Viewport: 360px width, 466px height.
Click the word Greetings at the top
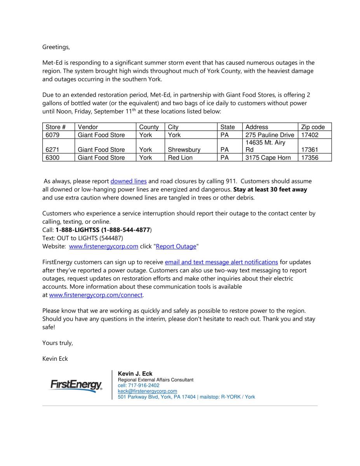coord(56,47)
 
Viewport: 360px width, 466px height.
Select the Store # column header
coord(56,127)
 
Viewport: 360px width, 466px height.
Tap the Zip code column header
coord(313,127)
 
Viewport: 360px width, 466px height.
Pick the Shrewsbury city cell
coord(184,150)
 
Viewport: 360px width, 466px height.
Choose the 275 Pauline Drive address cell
coord(270,135)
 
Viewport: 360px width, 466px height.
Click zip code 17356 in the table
coord(310,158)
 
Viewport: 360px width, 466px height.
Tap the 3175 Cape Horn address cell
coord(268,158)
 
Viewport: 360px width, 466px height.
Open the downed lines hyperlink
coord(129,181)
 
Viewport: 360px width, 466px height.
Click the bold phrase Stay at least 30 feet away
coord(270,190)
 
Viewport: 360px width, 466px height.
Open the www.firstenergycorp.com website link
coord(103,246)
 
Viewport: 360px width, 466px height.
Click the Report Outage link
coord(176,246)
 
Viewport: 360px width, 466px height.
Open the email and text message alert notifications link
coord(221,262)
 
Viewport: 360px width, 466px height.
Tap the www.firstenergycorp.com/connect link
coord(96,295)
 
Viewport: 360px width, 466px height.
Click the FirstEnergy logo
coord(76,386)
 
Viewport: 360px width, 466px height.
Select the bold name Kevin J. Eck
coord(135,374)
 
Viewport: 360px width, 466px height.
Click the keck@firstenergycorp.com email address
coord(147,391)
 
